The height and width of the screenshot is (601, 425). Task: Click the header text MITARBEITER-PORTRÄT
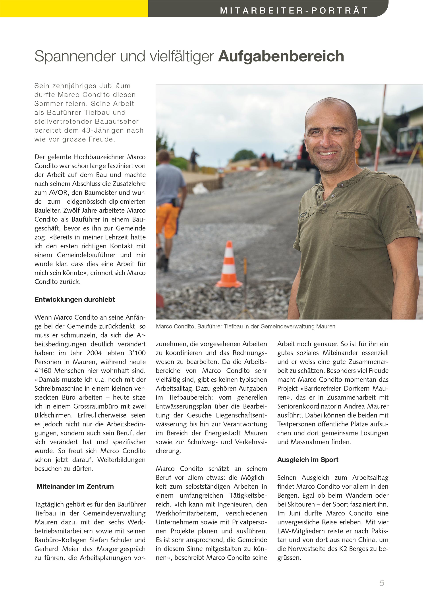294,10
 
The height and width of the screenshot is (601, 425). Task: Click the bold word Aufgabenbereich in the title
281,56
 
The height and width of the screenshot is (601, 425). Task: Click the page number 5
382,583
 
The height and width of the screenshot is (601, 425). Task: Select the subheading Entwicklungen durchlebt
75,300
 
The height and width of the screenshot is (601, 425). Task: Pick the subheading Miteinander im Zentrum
75,486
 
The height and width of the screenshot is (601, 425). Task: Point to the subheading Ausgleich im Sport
307,460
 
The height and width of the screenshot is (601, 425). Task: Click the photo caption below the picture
245,327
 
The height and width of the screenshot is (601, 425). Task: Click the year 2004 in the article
94,353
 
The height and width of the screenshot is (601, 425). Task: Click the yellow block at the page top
74,8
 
